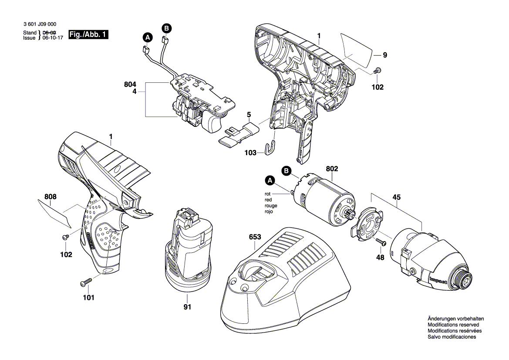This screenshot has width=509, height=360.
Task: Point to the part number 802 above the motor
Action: [x=332, y=168]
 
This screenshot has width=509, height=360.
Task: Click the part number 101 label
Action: [x=88, y=298]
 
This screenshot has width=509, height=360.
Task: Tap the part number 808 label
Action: [x=50, y=197]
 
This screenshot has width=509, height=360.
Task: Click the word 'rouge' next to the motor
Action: [x=270, y=205]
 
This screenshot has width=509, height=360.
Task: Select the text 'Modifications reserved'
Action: [x=453, y=325]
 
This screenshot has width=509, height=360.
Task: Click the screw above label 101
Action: [x=85, y=283]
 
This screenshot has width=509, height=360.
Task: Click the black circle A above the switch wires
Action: [x=147, y=37]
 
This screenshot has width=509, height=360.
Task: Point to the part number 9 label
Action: [x=384, y=55]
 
